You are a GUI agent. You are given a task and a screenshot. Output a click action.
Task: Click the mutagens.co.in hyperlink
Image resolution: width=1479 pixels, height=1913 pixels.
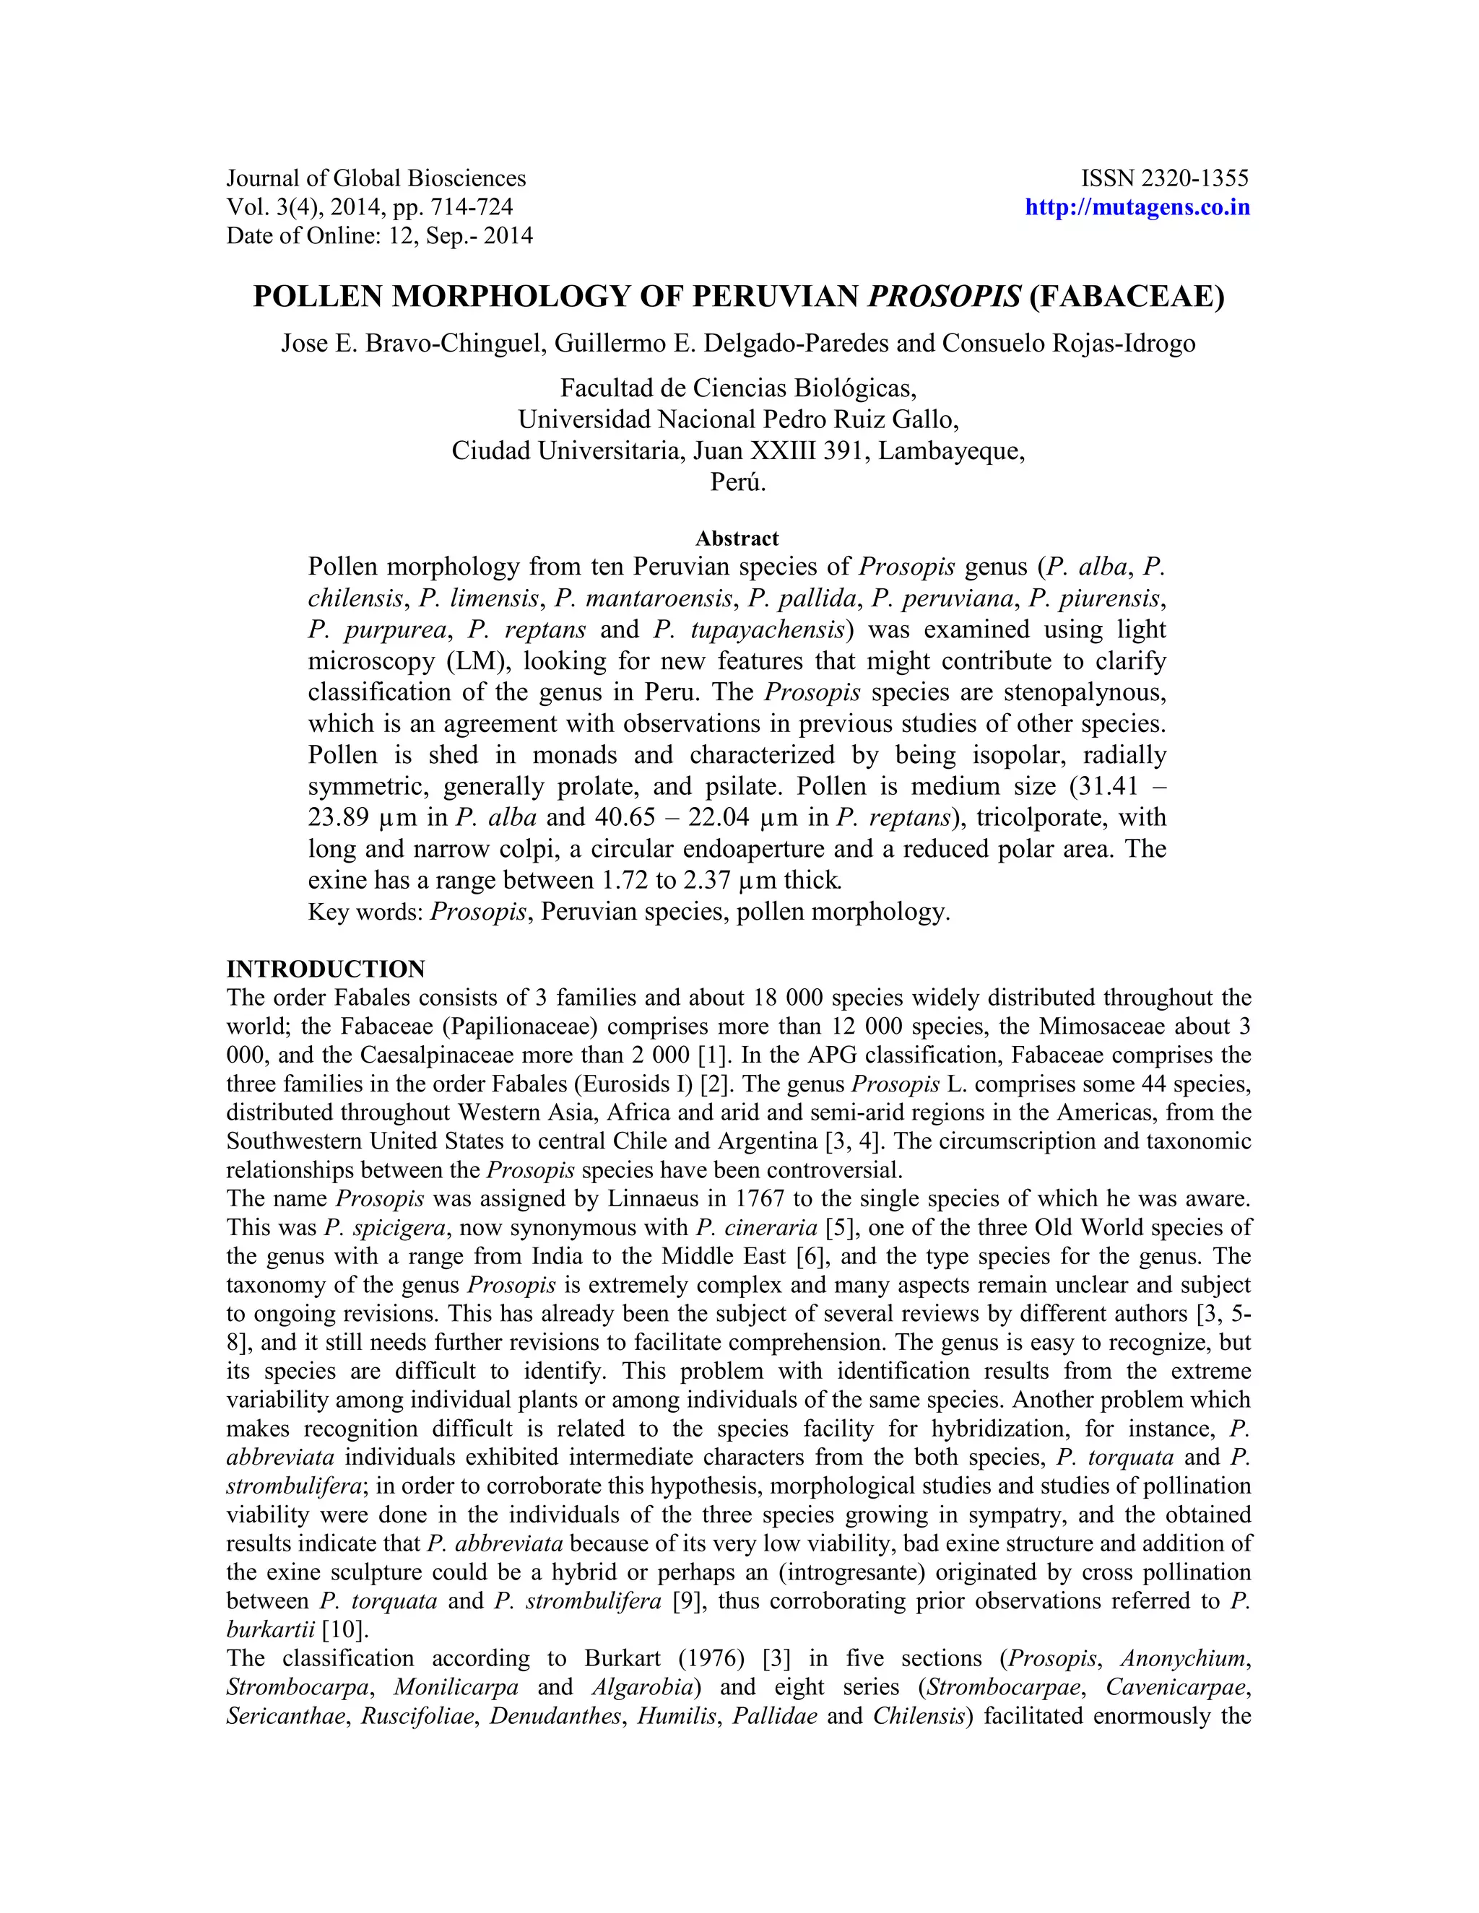(1137, 208)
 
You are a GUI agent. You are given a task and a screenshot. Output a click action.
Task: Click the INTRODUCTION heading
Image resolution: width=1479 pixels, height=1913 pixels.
(326, 969)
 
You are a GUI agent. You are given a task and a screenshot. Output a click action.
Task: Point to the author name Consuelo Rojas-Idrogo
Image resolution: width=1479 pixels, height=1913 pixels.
(1068, 344)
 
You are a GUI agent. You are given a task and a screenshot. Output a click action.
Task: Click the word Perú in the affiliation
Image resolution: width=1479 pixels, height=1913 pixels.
(738, 481)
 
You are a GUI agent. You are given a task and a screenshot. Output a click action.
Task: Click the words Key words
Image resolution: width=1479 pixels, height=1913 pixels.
(365, 912)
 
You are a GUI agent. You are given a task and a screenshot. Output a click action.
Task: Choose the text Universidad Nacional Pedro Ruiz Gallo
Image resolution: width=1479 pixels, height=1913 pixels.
(738, 419)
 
